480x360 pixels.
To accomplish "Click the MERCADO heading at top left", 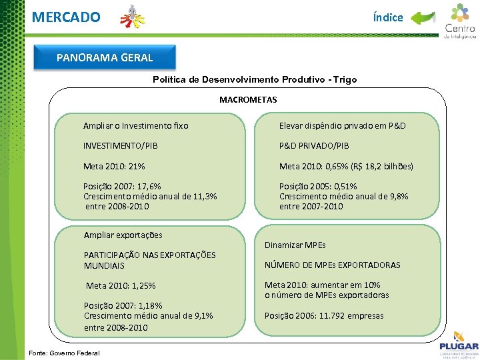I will (x=66, y=17).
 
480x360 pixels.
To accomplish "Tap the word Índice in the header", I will (x=388, y=17).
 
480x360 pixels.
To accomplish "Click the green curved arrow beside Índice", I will (x=422, y=18).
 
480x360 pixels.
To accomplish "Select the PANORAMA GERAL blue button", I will (x=105, y=57).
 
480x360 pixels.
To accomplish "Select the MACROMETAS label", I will (x=248, y=100).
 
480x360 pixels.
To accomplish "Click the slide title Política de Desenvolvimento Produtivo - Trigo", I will (x=255, y=79).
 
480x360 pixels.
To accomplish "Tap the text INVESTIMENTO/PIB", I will (x=121, y=145).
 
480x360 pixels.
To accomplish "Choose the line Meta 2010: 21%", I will (x=114, y=166).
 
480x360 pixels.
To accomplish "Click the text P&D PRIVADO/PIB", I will (x=314, y=145).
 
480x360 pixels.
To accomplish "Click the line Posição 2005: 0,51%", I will (x=318, y=186).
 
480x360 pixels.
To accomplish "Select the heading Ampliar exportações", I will (x=123, y=235).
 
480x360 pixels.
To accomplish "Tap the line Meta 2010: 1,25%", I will (x=121, y=285).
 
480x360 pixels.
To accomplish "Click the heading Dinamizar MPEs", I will (x=295, y=245).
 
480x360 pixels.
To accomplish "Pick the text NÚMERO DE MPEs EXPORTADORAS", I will (x=333, y=265).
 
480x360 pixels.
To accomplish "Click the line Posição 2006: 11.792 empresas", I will (x=324, y=315).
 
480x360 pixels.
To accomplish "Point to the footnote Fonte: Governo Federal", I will (x=61, y=353).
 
